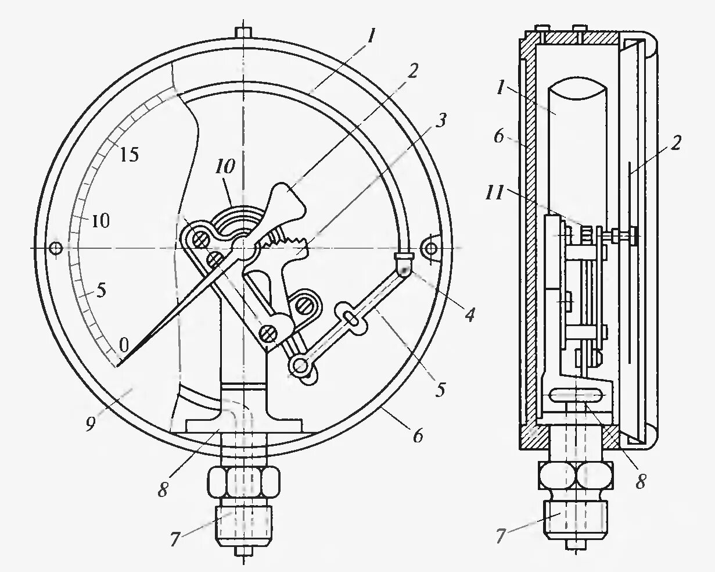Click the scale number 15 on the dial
click(x=130, y=155)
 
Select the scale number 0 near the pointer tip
click(x=123, y=345)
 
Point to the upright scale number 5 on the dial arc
click(x=101, y=290)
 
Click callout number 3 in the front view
click(x=441, y=121)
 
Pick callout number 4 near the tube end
click(x=469, y=315)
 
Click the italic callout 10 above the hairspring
click(x=225, y=167)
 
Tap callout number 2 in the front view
click(x=412, y=71)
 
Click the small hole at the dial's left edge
click(x=56, y=248)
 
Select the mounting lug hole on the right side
click(x=432, y=249)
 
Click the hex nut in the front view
click(x=243, y=482)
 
